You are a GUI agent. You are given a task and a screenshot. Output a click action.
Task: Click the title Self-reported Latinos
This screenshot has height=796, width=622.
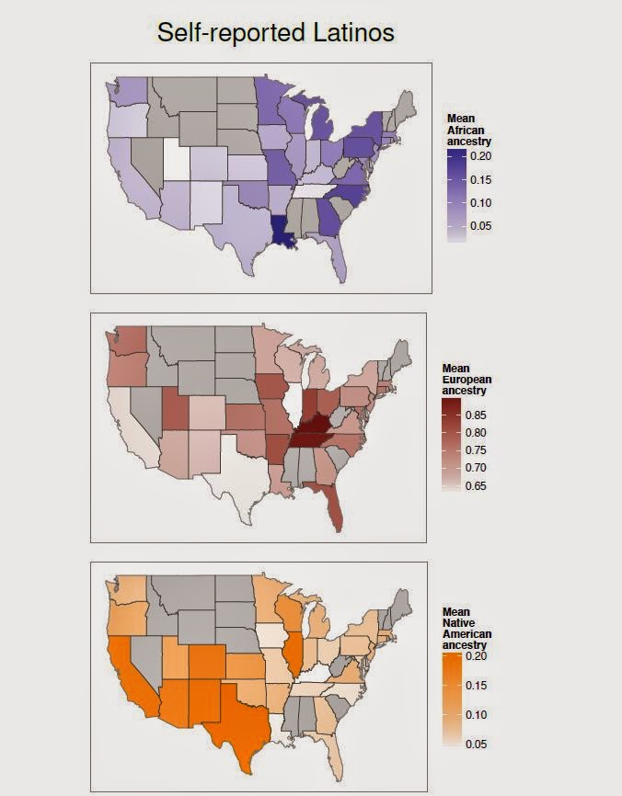tap(276, 34)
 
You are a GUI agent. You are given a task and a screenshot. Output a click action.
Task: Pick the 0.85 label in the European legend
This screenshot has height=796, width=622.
tap(476, 415)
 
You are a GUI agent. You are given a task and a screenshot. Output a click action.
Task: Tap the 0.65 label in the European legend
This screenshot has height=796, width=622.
tap(476, 485)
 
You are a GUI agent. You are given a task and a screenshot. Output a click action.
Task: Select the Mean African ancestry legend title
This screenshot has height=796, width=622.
tap(468, 130)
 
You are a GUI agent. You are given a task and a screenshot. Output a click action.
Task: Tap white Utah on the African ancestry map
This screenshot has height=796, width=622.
tap(177, 162)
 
